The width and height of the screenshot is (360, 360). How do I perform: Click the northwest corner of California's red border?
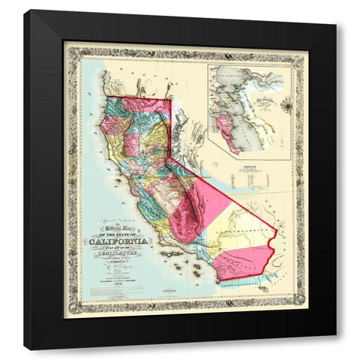107,96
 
